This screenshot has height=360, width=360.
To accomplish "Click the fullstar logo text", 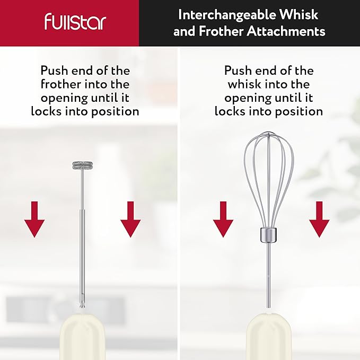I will click(x=75, y=23).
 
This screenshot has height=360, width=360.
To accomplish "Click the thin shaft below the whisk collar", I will click(x=269, y=276).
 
